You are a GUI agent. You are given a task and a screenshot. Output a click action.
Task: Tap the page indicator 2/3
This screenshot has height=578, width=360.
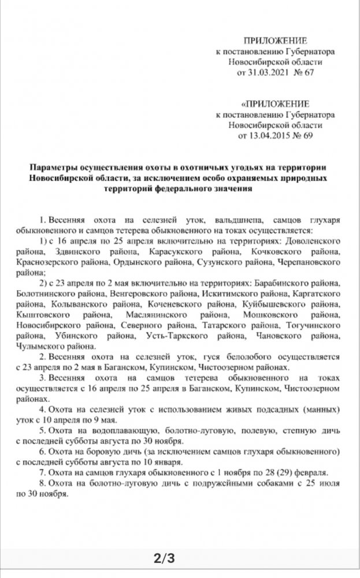pos(163,558)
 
